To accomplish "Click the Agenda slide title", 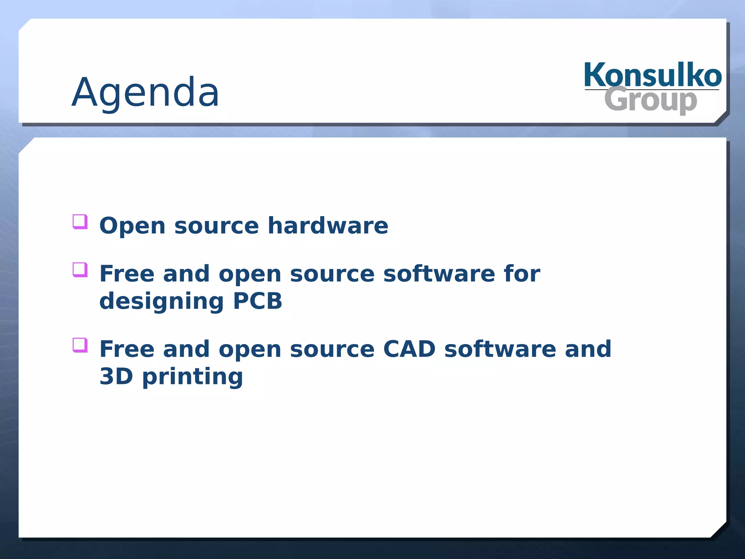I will [146, 93].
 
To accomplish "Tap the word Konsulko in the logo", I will [653, 75].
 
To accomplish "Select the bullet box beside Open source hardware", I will [80, 222].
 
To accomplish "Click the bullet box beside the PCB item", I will [80, 270].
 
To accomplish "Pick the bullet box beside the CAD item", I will [80, 345].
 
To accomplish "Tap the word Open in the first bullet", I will [132, 226].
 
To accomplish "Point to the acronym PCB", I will [258, 301].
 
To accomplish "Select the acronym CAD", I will [409, 349].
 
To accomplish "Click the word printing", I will [192, 377].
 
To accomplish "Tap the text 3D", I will [116, 376].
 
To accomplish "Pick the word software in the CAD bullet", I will [500, 349].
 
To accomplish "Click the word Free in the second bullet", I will [127, 274].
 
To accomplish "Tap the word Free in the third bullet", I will [127, 349].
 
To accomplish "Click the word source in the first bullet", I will [216, 226].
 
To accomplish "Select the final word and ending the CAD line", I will [588, 349].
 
